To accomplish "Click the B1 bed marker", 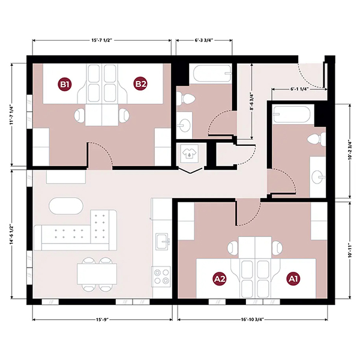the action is [x=65, y=84].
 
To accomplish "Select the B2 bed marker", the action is [x=140, y=84].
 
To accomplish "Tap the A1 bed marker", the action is [x=293, y=279].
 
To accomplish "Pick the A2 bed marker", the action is [x=220, y=279].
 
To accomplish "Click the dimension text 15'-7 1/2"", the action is [x=101, y=40].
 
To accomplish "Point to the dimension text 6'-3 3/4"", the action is [x=204, y=40].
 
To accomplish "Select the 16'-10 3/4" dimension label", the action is [x=253, y=319].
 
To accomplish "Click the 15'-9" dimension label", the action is [x=102, y=319].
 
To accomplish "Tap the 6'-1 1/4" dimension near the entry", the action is [x=299, y=89].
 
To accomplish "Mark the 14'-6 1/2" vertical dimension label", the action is [x=12, y=234].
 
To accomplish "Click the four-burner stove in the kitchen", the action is [x=161, y=277].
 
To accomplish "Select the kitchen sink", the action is [x=163, y=242].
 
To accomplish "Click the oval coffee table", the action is [x=66, y=206].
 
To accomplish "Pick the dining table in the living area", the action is [x=97, y=274].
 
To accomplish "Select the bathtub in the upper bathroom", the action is [x=212, y=73].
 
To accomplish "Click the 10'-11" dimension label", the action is [x=350, y=250].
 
